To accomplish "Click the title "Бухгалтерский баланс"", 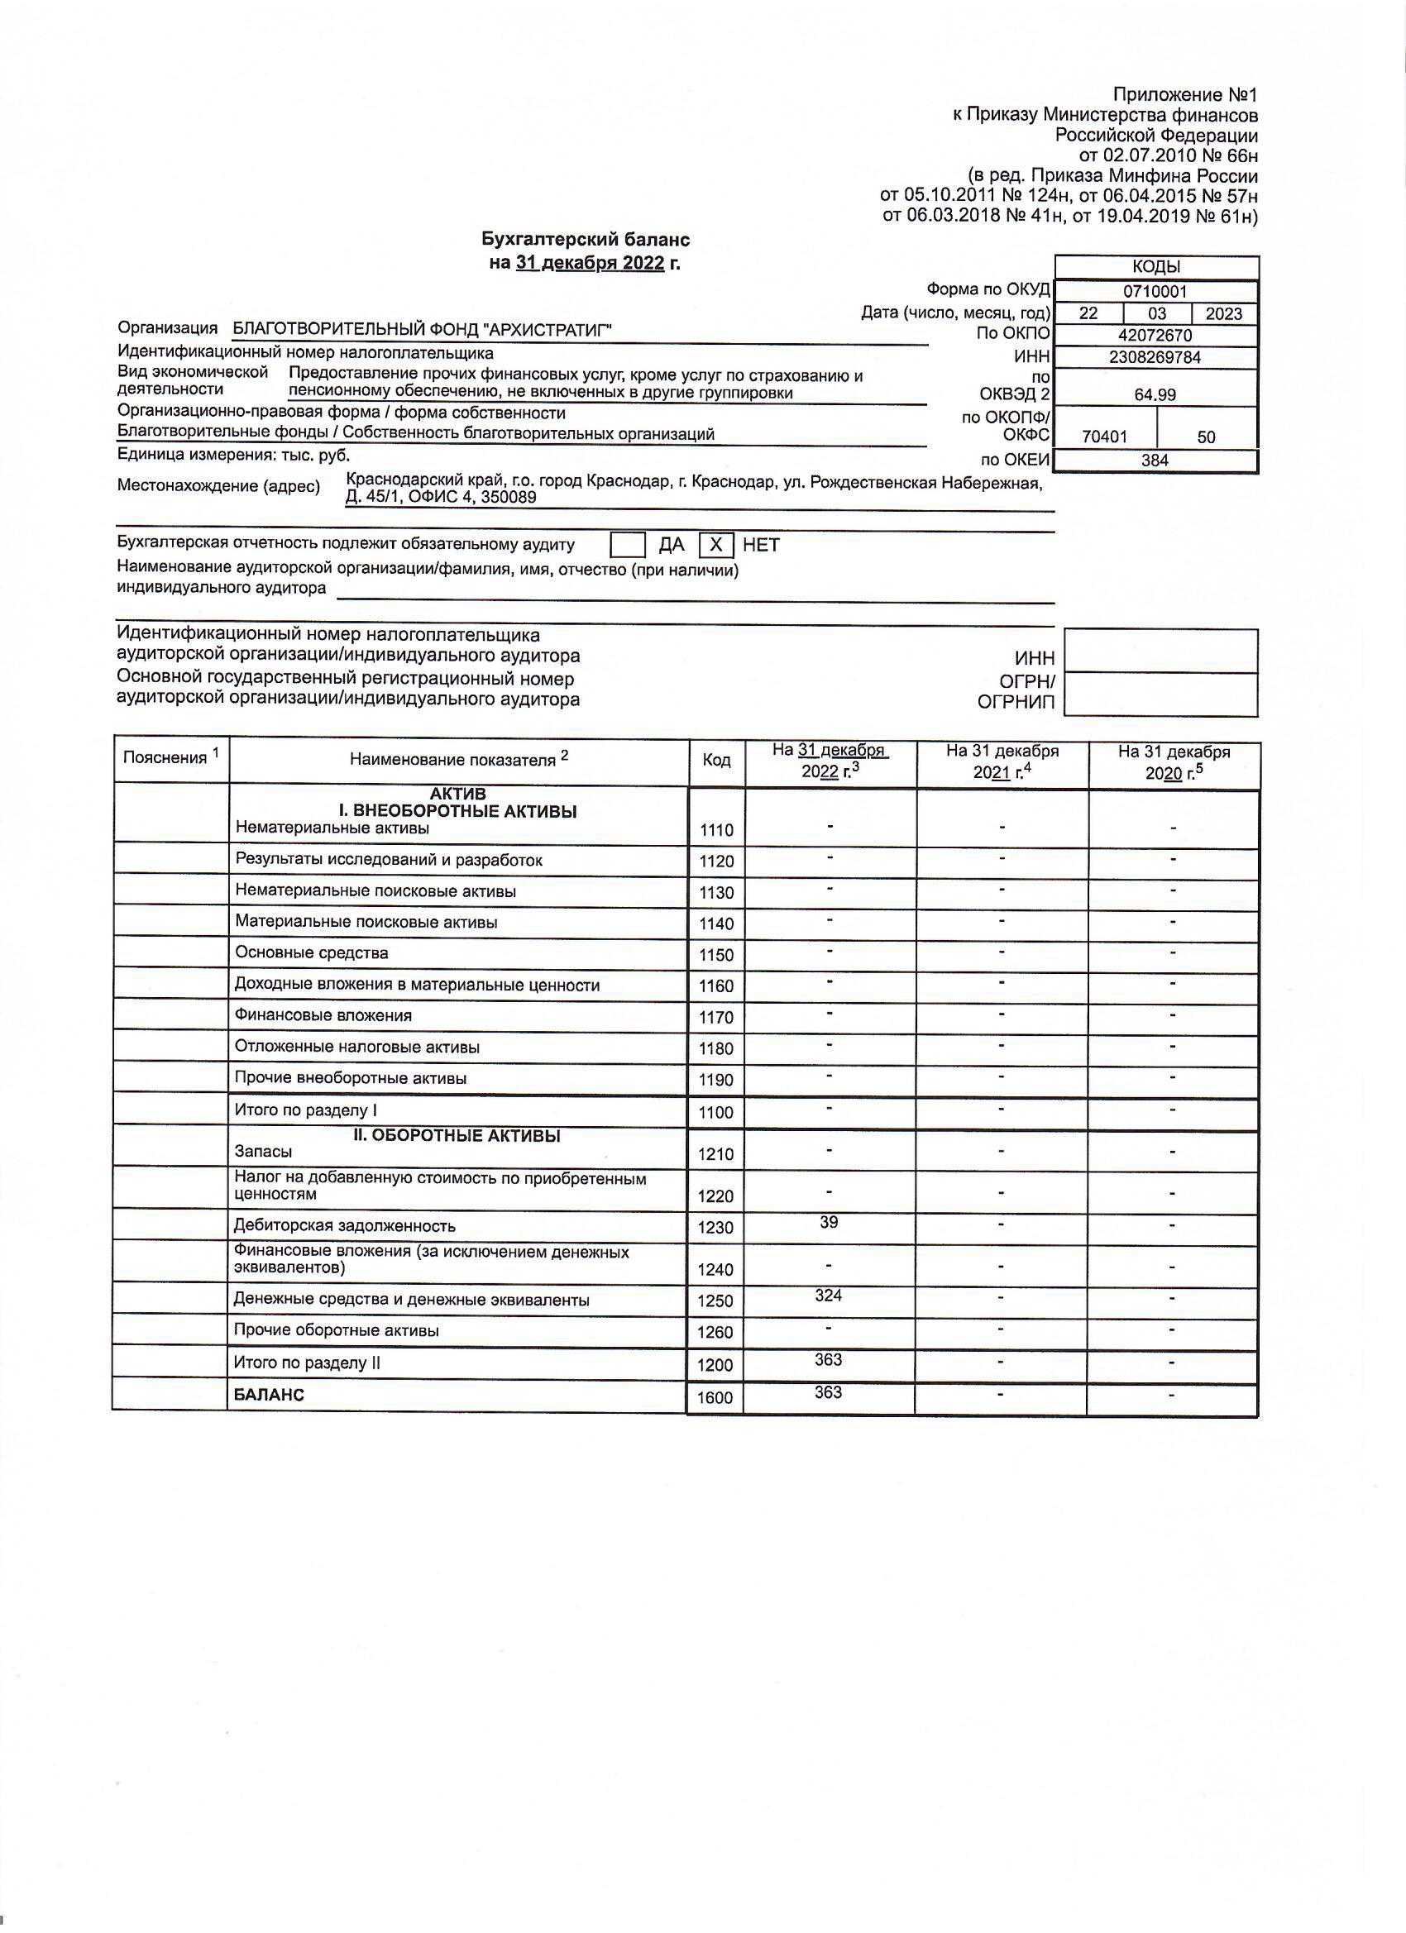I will click(x=585, y=240).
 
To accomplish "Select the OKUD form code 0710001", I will click(x=1155, y=292).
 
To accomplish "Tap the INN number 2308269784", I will click(x=1155, y=357).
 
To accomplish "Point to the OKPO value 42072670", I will click(x=1155, y=335).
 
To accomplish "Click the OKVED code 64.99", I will click(x=1155, y=395).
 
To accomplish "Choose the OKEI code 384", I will click(x=1155, y=461).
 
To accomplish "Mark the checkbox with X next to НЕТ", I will click(x=716, y=545).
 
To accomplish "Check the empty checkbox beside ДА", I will click(x=628, y=545).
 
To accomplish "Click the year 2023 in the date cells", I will click(x=1223, y=313).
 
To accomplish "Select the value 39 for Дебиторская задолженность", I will click(x=829, y=1222).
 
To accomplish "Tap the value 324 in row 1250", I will click(x=828, y=1296).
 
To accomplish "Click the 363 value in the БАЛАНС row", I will click(x=828, y=1391).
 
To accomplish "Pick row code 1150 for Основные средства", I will click(x=716, y=956).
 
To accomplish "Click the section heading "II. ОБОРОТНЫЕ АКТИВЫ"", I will click(x=457, y=1135).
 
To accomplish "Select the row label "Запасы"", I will click(x=264, y=1152).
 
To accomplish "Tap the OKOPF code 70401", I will click(x=1104, y=437).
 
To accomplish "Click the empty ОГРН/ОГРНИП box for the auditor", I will click(x=1160, y=694).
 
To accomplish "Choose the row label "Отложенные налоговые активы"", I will click(x=356, y=1047).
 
